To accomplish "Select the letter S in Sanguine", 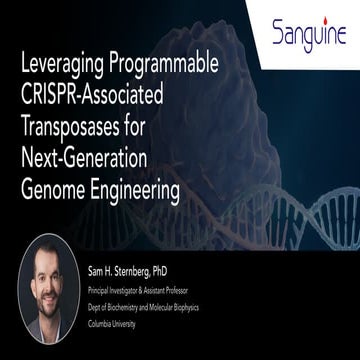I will [x=279, y=36].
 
